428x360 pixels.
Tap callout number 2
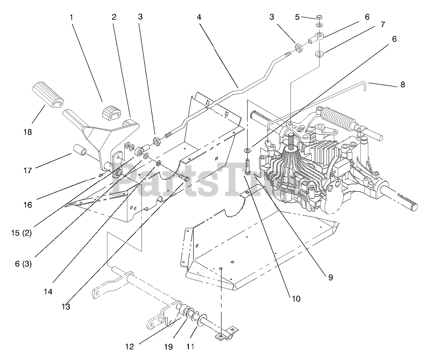(x=114, y=18)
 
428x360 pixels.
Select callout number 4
(x=199, y=18)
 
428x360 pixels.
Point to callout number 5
(x=297, y=17)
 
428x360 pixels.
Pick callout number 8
(x=402, y=84)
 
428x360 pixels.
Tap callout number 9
(x=330, y=277)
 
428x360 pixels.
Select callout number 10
(x=296, y=299)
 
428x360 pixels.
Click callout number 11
(x=190, y=347)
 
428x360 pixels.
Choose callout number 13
(x=66, y=306)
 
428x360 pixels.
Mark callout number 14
(x=48, y=292)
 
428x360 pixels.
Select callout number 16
(x=28, y=205)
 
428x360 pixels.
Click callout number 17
(x=28, y=170)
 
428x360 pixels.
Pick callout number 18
(x=27, y=131)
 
